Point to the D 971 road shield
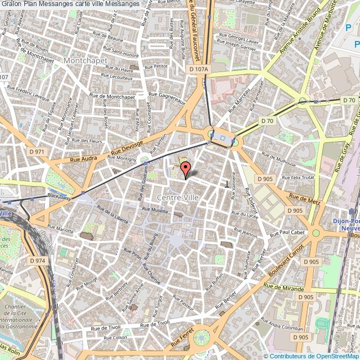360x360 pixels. coord(37,151)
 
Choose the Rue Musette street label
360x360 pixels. coord(155,210)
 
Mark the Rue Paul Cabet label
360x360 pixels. coord(290,233)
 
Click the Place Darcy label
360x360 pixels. coord(60,196)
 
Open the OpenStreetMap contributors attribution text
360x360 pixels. coord(311,356)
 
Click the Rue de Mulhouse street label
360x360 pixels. coord(281,162)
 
